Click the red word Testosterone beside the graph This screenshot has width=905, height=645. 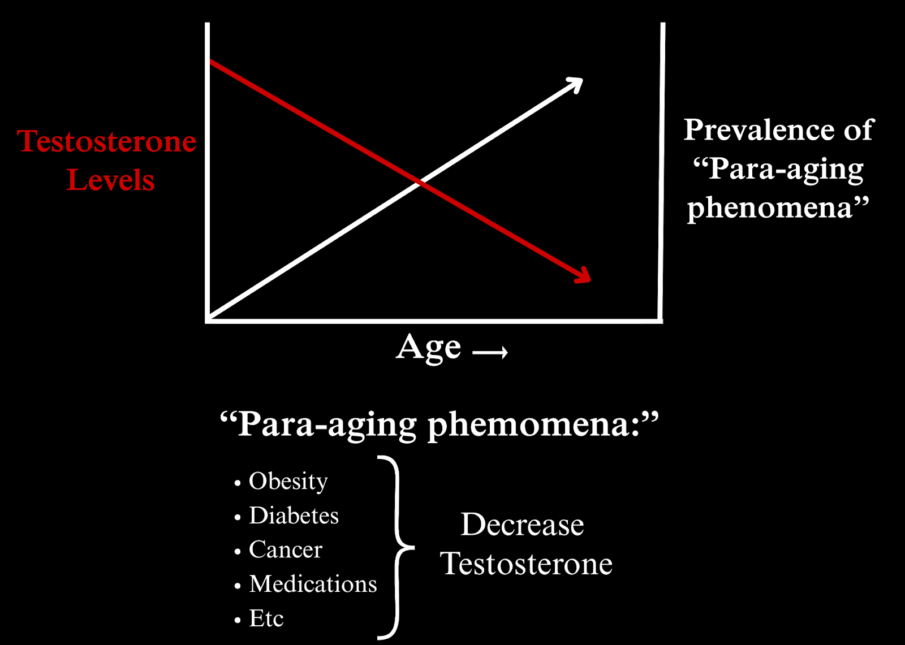tap(107, 141)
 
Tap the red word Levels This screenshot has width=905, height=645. tap(110, 180)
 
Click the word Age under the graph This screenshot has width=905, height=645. tap(428, 348)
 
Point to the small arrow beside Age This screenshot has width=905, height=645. tap(490, 353)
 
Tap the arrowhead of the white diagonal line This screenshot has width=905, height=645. tap(575, 84)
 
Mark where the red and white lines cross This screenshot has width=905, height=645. tap(420, 183)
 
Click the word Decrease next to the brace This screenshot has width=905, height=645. tap(523, 525)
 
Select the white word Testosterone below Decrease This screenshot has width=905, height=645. tap(526, 564)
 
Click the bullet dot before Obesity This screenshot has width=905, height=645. tap(238, 483)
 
